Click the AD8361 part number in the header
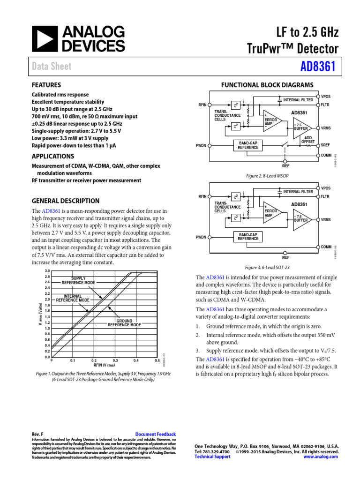point(319,66)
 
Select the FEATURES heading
point(46,85)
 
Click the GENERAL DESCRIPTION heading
point(65,201)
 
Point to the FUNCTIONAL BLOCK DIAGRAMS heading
point(267,85)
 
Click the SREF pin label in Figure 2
point(326,146)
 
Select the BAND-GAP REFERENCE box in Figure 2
point(248,145)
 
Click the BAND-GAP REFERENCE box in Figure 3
point(248,236)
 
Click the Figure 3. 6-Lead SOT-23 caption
point(268,267)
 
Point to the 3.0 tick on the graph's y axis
point(47,271)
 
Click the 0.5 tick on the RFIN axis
point(157,360)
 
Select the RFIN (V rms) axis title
point(104,365)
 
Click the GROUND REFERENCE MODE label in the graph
point(124,323)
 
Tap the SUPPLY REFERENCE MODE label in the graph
point(78,281)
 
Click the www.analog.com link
point(324,457)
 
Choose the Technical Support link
point(212,457)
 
